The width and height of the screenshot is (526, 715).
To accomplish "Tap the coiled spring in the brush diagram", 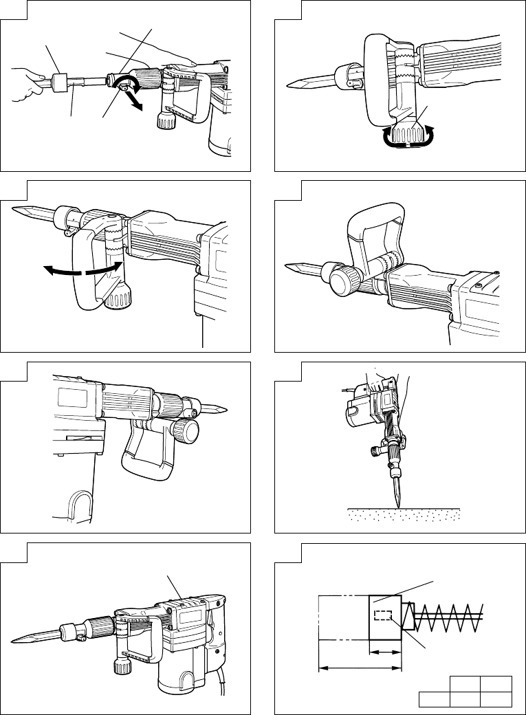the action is [447, 615].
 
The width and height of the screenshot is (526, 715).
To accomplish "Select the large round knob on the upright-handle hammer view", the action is [346, 282].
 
